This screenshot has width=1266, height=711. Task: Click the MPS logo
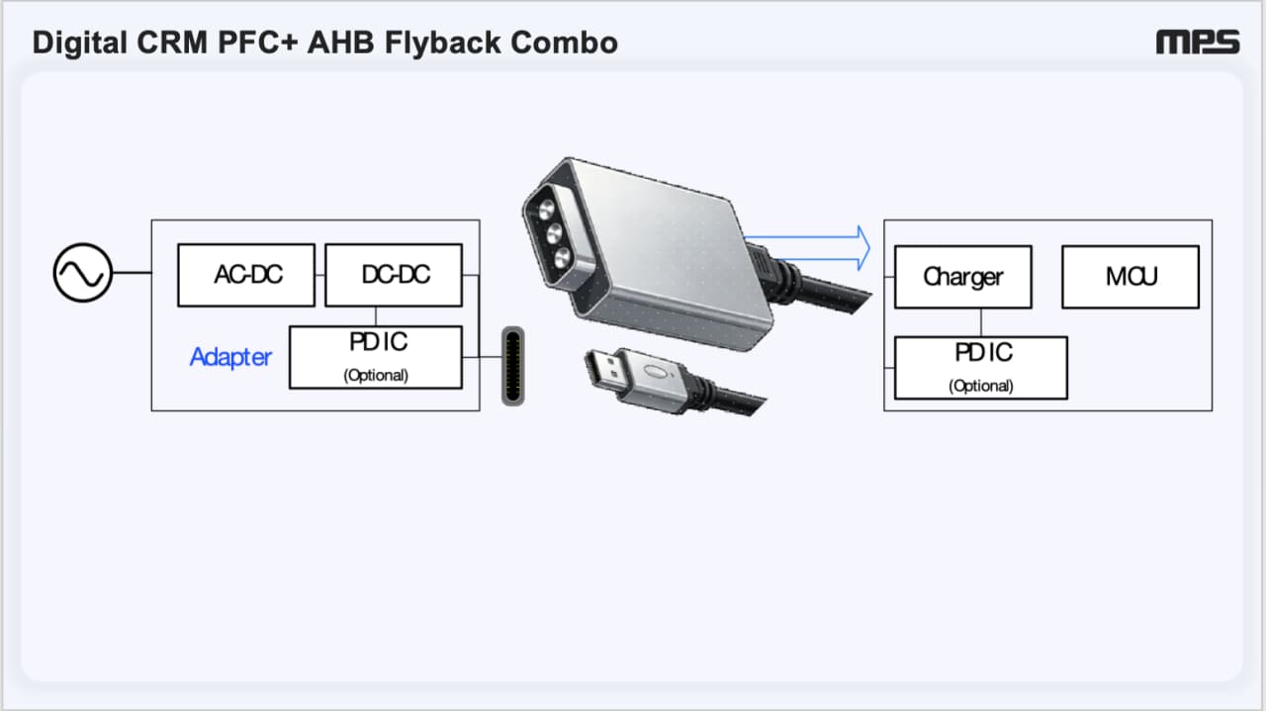(1198, 43)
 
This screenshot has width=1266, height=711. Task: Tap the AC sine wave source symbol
(82, 272)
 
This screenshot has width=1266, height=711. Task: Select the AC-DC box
(246, 275)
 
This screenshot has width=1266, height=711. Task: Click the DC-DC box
(394, 275)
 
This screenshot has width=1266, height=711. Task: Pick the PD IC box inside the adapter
(376, 357)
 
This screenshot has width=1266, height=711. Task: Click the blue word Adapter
(230, 357)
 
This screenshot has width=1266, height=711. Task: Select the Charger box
(963, 277)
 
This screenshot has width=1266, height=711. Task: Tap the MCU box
(1130, 277)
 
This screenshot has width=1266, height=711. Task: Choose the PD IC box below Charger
(981, 368)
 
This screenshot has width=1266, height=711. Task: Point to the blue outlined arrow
(808, 248)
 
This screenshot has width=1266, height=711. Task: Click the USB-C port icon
(513, 366)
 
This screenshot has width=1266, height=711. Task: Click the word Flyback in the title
(442, 43)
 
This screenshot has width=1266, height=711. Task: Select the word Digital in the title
(80, 43)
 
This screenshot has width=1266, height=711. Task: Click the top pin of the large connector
(546, 210)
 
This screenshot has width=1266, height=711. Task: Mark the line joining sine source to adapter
(133, 272)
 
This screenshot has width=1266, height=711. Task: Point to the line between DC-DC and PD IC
(376, 316)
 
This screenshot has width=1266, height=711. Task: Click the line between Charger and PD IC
(981, 322)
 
